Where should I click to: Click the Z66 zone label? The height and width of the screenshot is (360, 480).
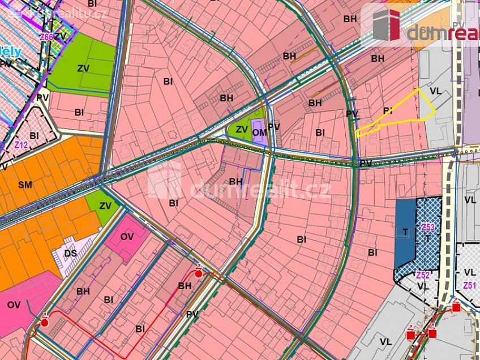point(47,37)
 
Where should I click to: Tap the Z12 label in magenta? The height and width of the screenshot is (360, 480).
point(21,145)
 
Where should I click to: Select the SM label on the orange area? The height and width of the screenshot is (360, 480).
point(25,185)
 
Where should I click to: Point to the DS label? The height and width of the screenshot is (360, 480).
point(70,253)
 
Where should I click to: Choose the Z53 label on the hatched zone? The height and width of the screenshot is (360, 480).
point(428,228)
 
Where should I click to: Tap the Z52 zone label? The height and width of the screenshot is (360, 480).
point(422,275)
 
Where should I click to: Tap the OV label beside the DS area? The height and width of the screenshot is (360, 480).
point(127,237)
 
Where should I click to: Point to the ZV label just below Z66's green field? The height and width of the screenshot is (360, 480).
point(83,68)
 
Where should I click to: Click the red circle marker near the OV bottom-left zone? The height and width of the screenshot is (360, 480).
point(45,323)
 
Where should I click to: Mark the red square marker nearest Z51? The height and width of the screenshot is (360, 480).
point(456,307)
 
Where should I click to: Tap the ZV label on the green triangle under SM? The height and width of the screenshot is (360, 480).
point(105,206)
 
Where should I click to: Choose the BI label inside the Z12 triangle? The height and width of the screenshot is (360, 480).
point(34,135)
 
